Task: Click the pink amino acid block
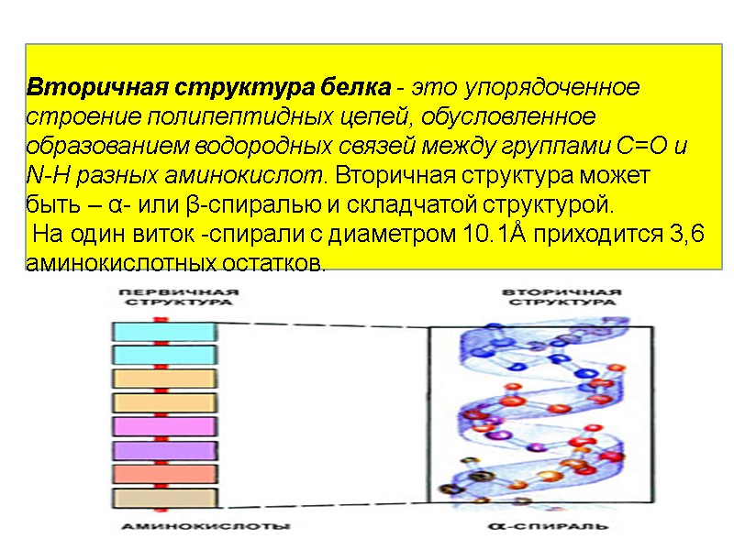click(165, 426)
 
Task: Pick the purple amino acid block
click(165, 450)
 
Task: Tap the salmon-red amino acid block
click(165, 474)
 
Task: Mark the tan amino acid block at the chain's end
click(165, 498)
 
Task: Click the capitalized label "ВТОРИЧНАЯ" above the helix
click(561, 291)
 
